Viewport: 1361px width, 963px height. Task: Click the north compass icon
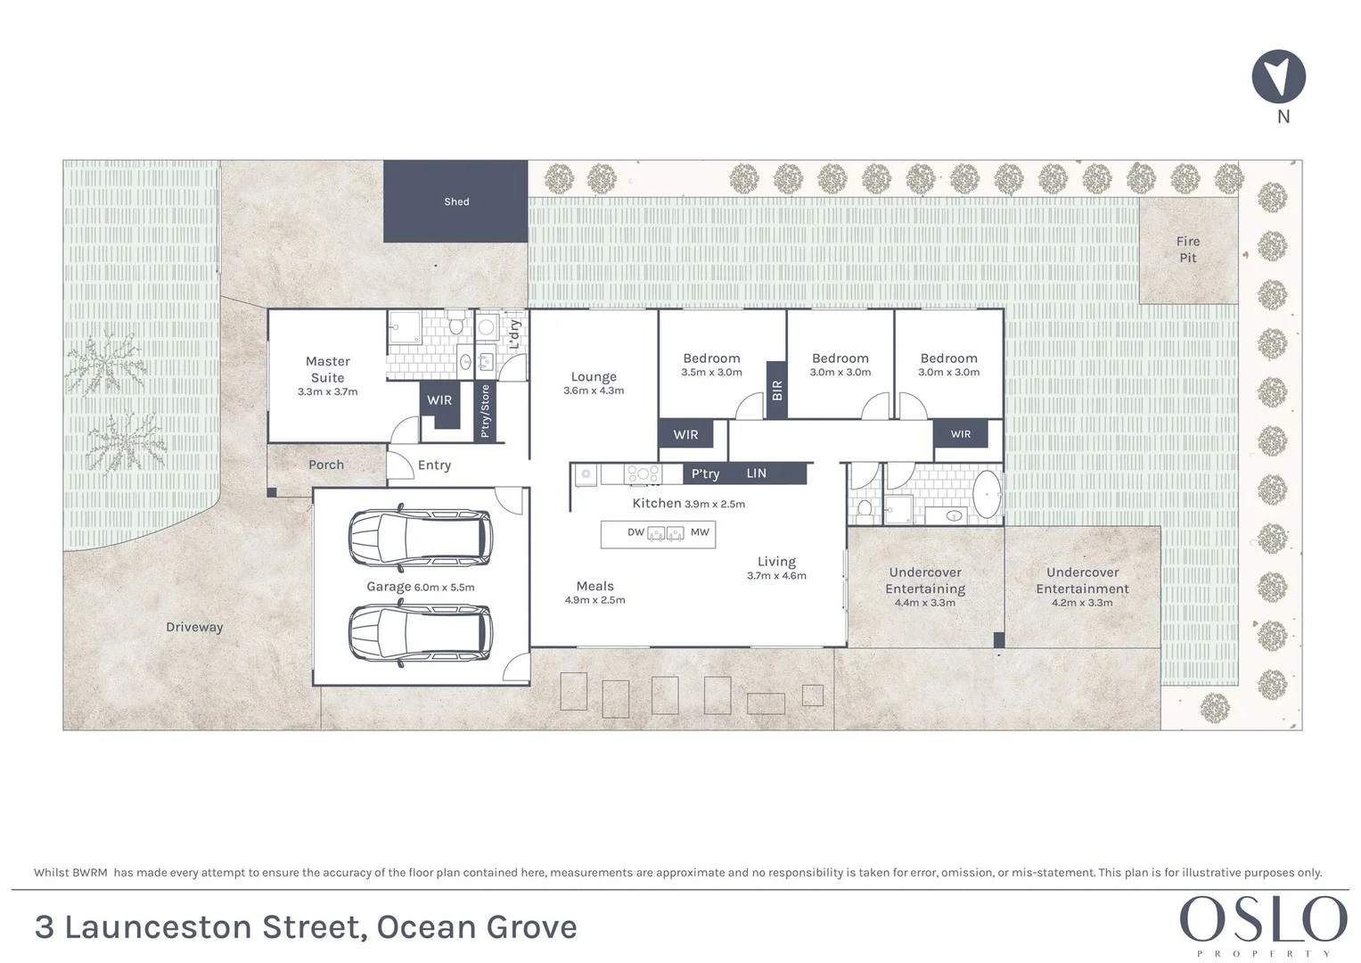pyautogui.click(x=1278, y=77)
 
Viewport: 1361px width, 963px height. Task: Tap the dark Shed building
pyautogui.click(x=455, y=202)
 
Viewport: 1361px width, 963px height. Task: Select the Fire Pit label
pyautogui.click(x=1187, y=250)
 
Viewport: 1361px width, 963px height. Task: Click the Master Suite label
pyautogui.click(x=327, y=369)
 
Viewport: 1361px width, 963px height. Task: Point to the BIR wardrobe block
pyautogui.click(x=776, y=390)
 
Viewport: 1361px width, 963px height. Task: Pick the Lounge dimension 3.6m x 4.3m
pyautogui.click(x=594, y=391)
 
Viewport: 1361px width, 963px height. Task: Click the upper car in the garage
pyautogui.click(x=419, y=538)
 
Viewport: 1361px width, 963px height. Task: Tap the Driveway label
pyautogui.click(x=194, y=627)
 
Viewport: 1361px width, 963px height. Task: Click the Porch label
pyautogui.click(x=326, y=465)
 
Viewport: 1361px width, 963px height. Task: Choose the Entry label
pyautogui.click(x=434, y=465)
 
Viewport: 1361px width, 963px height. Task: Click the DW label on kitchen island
pyautogui.click(x=635, y=532)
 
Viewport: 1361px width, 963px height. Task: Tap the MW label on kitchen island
pyautogui.click(x=700, y=532)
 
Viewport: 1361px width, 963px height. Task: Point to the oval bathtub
pyautogui.click(x=986, y=496)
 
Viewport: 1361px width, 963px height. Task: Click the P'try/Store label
pyautogui.click(x=485, y=411)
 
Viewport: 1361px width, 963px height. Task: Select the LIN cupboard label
pyautogui.click(x=756, y=473)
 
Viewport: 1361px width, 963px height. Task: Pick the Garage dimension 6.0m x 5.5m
pyautogui.click(x=444, y=588)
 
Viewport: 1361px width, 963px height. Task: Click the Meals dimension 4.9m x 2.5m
pyautogui.click(x=594, y=600)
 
